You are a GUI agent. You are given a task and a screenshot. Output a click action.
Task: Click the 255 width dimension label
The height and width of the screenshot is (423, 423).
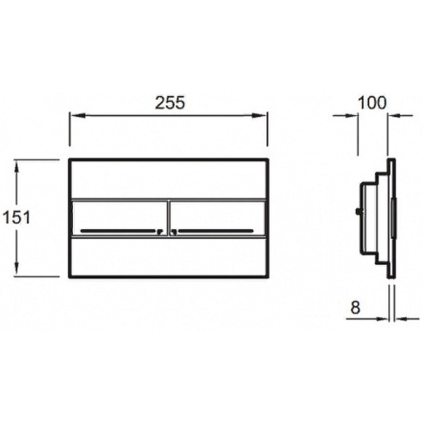point(170,103)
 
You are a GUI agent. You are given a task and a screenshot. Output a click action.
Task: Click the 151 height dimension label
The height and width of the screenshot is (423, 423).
point(17,217)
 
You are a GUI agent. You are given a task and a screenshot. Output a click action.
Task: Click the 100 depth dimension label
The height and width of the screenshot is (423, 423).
point(372,103)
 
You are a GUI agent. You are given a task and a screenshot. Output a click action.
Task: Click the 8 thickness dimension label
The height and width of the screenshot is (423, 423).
point(355,307)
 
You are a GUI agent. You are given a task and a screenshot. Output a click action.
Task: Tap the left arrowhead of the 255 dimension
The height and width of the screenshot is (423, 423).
point(78,116)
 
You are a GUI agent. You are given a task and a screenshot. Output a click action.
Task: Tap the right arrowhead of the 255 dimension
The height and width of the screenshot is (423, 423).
point(259,116)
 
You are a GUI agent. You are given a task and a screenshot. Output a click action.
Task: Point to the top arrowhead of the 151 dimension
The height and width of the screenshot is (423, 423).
point(17,167)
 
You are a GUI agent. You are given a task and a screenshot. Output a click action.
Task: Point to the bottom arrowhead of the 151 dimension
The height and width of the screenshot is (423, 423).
point(17,268)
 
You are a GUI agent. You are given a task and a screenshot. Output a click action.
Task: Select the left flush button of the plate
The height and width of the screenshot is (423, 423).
point(120,218)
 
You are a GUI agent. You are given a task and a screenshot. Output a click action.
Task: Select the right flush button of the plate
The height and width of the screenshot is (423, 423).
point(217,218)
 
